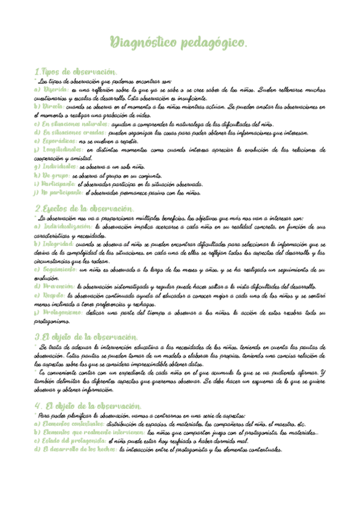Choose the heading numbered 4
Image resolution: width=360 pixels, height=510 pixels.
pyautogui.click(x=88, y=406)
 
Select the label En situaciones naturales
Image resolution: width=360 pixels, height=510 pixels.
pyautogui.click(x=75, y=123)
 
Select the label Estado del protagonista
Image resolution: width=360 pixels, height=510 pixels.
pyautogui.click(x=70, y=441)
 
